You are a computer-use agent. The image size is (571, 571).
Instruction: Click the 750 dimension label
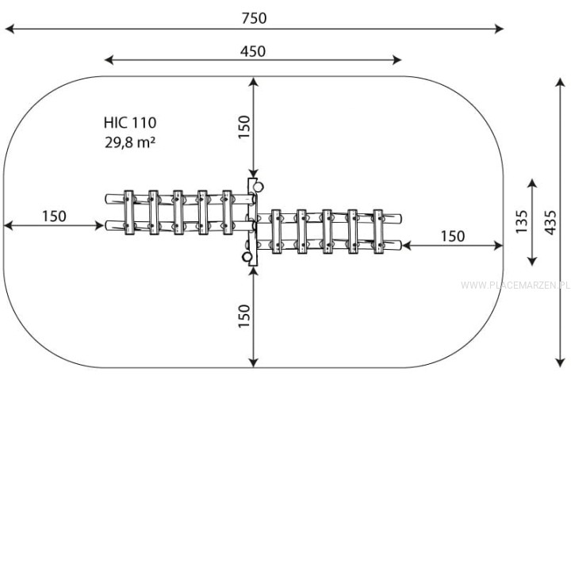point(254,17)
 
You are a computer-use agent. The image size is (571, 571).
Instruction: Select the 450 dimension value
point(253,52)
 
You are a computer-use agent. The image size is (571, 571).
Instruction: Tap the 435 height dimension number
point(550,222)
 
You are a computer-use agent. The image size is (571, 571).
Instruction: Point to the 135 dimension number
point(522,222)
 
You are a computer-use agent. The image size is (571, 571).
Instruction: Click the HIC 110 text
point(130,123)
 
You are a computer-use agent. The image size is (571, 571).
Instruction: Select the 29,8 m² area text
point(130,142)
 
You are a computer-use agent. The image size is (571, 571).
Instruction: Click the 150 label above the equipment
point(244,127)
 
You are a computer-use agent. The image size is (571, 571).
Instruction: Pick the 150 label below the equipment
point(244,316)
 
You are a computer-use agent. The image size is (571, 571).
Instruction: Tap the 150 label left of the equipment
point(54,217)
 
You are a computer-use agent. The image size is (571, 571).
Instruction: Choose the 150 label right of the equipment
point(453,236)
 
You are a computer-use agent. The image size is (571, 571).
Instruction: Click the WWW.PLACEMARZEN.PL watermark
point(515,285)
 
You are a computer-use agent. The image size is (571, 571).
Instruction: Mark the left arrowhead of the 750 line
point(10,29)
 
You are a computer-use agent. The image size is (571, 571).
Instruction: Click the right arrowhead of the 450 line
point(397,60)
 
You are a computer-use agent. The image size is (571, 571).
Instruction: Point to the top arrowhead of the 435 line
point(560,82)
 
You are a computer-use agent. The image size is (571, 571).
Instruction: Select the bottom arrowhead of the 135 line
point(532,261)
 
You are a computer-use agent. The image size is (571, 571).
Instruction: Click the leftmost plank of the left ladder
point(129,213)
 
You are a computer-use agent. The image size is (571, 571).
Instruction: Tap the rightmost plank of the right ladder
point(378,232)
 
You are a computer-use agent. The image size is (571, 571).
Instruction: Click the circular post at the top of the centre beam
point(259,187)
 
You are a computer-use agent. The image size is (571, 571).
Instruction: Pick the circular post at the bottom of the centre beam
point(247,257)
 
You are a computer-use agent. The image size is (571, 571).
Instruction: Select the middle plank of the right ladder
point(327,232)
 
